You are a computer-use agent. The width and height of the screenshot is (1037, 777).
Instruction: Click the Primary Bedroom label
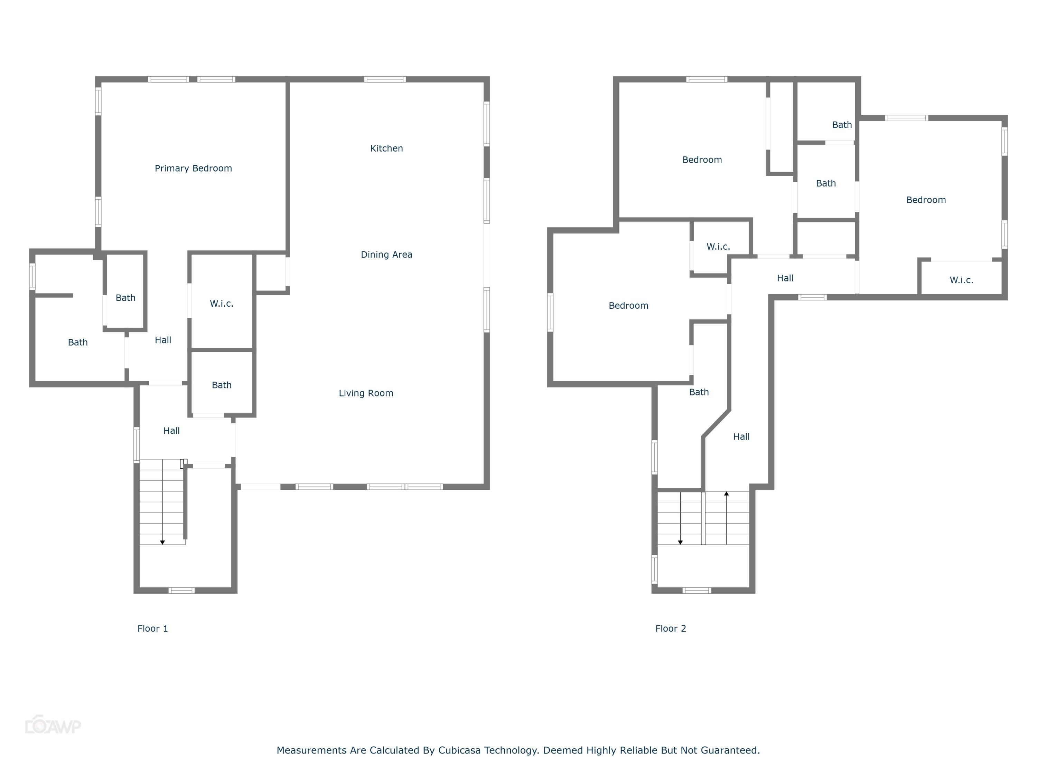click(193, 169)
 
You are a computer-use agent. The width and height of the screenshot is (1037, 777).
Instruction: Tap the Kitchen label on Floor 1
click(386, 148)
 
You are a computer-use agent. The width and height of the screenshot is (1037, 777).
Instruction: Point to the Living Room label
click(366, 393)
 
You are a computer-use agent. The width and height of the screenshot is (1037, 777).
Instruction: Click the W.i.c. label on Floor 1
click(221, 304)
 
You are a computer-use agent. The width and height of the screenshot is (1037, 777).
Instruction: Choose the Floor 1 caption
click(152, 629)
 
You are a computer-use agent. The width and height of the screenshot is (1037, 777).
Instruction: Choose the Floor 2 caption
click(670, 629)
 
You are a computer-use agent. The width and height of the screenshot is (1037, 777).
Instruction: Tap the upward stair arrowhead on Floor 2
click(726, 493)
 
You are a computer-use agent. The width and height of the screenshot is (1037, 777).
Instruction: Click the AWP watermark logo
click(53, 726)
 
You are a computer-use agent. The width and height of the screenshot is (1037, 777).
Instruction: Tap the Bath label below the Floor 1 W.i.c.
click(221, 385)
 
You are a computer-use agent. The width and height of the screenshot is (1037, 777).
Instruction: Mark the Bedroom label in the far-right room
click(926, 200)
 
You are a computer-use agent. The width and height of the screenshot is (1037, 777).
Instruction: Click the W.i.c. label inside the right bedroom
click(961, 280)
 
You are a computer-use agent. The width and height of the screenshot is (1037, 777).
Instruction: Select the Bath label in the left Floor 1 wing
click(78, 342)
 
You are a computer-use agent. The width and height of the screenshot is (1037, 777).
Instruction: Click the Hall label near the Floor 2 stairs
click(741, 437)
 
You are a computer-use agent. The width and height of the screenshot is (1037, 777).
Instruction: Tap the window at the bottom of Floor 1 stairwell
click(181, 591)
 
